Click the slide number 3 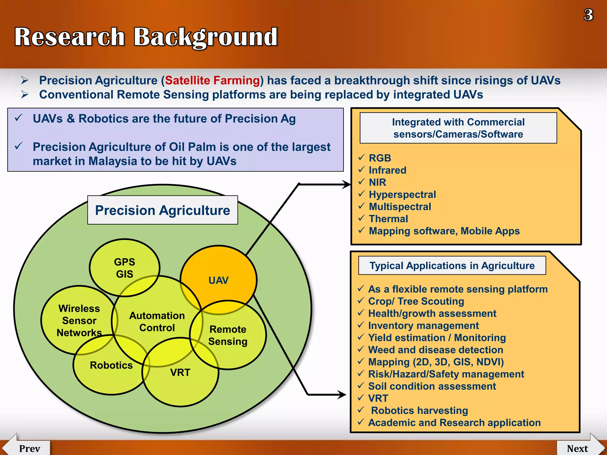[588, 15]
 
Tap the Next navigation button [577, 448]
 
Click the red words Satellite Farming [212, 81]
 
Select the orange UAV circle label [218, 280]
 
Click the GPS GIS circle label [124, 268]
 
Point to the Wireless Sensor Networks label [79, 321]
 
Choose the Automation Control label [157, 322]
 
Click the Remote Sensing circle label [228, 335]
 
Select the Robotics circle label [111, 365]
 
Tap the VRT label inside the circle [180, 372]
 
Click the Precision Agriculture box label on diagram [162, 210]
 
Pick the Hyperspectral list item [402, 195]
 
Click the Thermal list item [388, 219]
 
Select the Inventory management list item [423, 326]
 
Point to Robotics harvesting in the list [419, 411]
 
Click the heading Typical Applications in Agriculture [452, 266]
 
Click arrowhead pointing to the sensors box [347, 184]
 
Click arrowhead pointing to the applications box [342, 395]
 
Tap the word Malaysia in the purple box [113, 161]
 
